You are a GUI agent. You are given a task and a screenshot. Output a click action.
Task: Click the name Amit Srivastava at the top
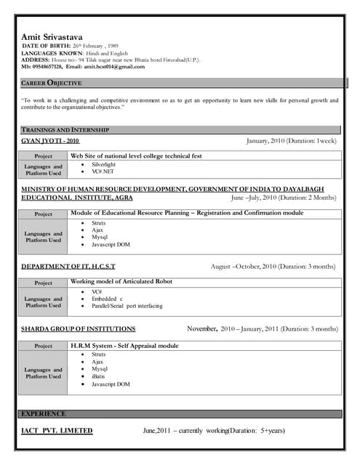point(52,37)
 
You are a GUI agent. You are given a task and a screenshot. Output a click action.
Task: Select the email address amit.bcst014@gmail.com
point(114,66)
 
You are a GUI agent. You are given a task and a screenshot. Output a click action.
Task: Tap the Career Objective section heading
point(52,84)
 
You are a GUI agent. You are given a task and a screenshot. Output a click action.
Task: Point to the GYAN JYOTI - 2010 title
point(50,140)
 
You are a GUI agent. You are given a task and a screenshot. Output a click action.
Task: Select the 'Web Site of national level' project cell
point(135,155)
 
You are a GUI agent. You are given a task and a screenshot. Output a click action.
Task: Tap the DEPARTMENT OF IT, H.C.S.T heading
point(68,267)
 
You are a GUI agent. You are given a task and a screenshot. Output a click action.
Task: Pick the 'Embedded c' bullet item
point(107,299)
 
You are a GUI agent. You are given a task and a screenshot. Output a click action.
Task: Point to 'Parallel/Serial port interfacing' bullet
point(127,306)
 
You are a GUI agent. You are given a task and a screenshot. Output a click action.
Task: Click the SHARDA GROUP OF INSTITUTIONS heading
point(79,329)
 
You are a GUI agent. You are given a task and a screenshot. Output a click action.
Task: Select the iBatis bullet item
point(100,376)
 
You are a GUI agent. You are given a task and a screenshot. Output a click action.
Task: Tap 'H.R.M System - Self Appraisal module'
point(124,346)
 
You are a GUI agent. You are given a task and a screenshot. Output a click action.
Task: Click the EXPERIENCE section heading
point(44,413)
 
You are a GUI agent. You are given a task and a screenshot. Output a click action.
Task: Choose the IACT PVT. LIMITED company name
point(57,431)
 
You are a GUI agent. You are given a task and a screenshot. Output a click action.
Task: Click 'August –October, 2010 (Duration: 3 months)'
point(273,267)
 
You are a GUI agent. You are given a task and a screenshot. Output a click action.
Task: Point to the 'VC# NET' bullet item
point(103,172)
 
